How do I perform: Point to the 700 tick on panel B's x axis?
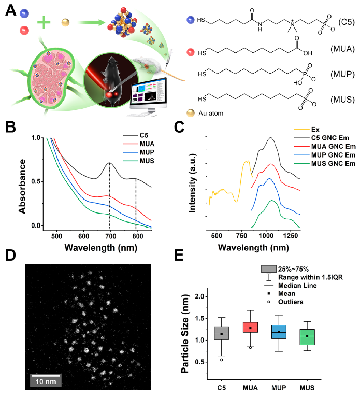point(109,236)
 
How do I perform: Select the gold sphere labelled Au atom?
point(192,113)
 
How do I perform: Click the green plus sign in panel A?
point(44,22)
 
